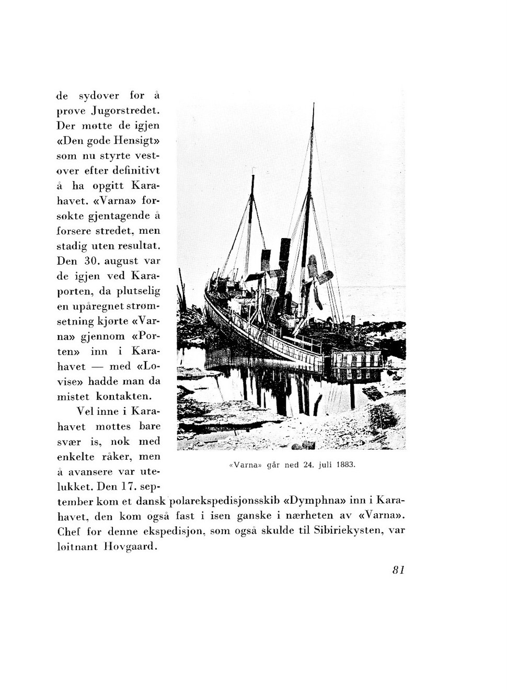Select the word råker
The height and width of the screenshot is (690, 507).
click(x=117, y=457)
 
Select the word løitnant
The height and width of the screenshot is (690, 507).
click(x=75, y=547)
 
